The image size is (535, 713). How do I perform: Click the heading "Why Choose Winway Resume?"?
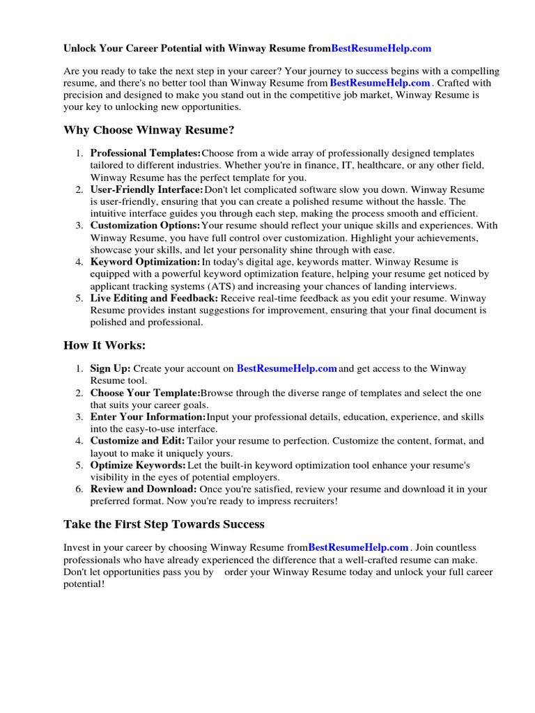pos(149,130)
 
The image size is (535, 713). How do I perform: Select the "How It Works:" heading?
pos(104,345)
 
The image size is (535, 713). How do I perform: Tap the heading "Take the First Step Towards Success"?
pos(164,524)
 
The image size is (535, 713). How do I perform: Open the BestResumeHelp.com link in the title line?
pos(381,49)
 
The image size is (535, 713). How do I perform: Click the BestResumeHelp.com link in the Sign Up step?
pos(287,368)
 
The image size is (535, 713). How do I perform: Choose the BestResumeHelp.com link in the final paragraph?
pos(358,547)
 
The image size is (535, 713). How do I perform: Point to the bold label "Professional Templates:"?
pos(146,153)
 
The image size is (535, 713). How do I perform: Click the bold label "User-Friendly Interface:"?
pos(147,189)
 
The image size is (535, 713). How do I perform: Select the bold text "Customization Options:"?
pos(145,226)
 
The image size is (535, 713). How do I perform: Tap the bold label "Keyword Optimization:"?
pos(145,262)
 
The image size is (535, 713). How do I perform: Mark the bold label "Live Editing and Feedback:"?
pos(154,298)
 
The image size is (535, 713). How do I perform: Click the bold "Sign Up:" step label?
pos(110,368)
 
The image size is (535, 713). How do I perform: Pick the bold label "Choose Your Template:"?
pos(145,393)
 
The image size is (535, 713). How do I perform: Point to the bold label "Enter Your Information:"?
pos(148,417)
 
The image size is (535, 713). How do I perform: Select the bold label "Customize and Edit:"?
pos(137,441)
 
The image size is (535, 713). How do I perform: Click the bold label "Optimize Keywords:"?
pos(138,465)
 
